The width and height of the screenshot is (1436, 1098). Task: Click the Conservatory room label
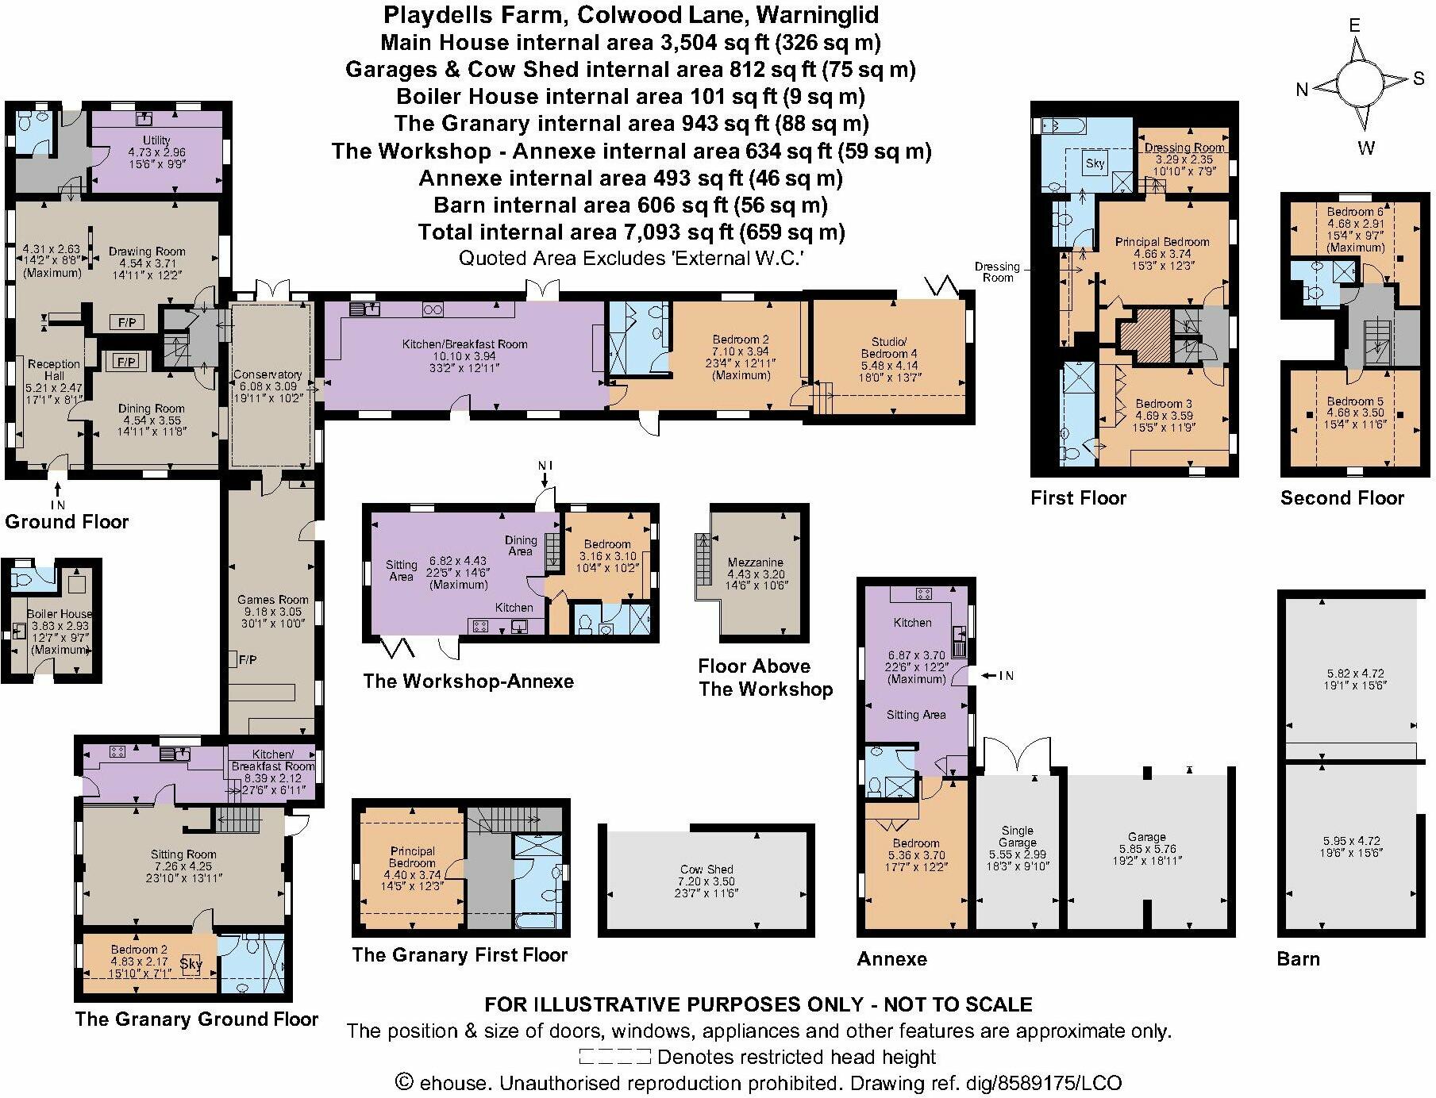268,374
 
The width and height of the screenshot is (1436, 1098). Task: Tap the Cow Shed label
706,870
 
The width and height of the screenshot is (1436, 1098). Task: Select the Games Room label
272,600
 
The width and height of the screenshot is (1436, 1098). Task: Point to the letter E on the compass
1354,25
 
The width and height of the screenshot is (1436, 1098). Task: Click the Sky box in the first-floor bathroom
1095,163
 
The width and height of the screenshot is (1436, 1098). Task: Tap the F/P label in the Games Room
247,660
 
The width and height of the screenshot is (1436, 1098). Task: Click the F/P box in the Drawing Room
127,323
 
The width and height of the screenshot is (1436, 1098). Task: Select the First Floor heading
1078,498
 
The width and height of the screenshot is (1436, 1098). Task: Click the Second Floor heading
1342,498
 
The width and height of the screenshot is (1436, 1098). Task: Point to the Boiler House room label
59,614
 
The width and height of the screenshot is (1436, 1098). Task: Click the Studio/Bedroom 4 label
889,347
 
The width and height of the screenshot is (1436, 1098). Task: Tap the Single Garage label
1017,837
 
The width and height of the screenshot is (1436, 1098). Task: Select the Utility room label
156,140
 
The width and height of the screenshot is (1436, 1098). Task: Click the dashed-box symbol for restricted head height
614,1057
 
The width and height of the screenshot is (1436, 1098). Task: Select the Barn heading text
1298,958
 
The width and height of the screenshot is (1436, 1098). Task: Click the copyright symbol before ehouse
405,1082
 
